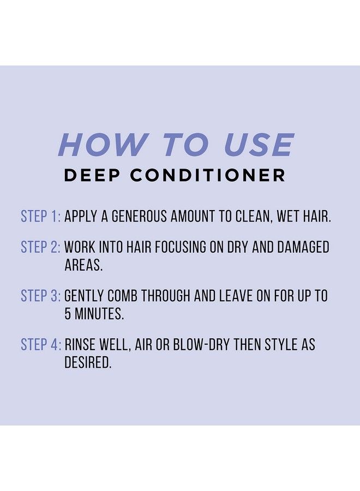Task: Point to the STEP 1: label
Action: [x=40, y=216]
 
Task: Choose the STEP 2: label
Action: [x=40, y=247]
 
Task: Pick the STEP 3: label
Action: [x=40, y=296]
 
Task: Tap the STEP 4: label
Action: [x=40, y=345]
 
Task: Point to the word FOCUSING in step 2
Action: [x=189, y=247]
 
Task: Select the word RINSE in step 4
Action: [x=81, y=345]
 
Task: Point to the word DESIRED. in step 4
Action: [x=88, y=362]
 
